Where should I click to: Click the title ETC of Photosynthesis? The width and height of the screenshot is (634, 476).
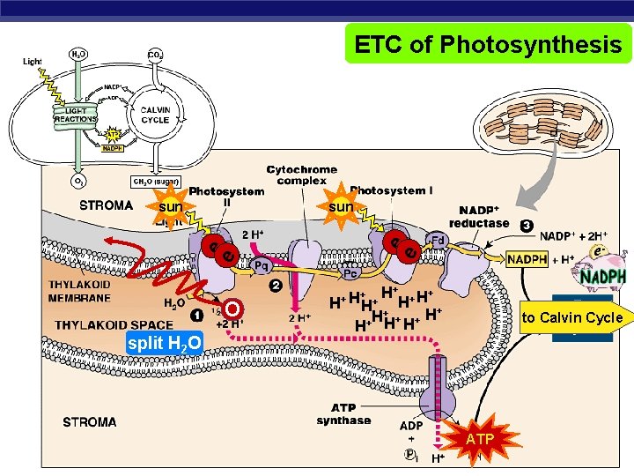tap(488, 44)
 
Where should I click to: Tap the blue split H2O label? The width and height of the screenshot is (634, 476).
tap(164, 343)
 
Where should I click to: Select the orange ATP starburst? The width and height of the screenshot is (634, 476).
tap(480, 438)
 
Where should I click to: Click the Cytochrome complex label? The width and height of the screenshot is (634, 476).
tap(301, 175)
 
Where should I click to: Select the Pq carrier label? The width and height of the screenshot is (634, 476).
tap(261, 264)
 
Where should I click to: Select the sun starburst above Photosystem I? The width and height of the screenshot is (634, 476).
tap(341, 206)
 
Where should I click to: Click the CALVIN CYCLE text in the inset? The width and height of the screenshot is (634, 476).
tap(155, 115)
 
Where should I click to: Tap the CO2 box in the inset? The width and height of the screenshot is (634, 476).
tap(154, 55)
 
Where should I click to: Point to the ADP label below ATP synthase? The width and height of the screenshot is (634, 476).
tap(411, 426)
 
